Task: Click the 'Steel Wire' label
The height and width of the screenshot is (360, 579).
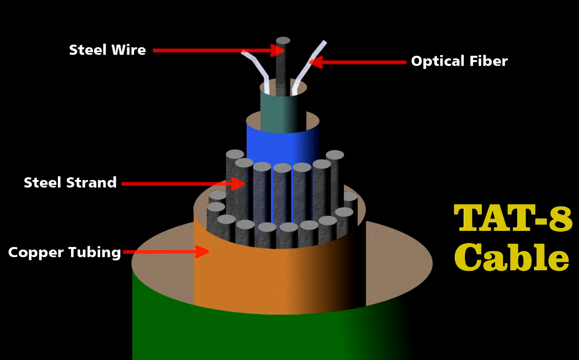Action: coord(107,50)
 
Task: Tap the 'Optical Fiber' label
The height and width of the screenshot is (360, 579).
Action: coord(459,61)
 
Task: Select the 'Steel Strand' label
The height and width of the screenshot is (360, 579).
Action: coord(70,182)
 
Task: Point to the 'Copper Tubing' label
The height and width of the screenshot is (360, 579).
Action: coord(64,252)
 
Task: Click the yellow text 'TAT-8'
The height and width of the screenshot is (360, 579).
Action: coord(513,218)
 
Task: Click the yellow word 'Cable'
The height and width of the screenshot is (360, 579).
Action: coord(512,258)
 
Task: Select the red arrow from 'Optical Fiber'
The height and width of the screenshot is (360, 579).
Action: coord(357,62)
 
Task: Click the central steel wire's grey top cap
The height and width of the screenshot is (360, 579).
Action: coord(283,40)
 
